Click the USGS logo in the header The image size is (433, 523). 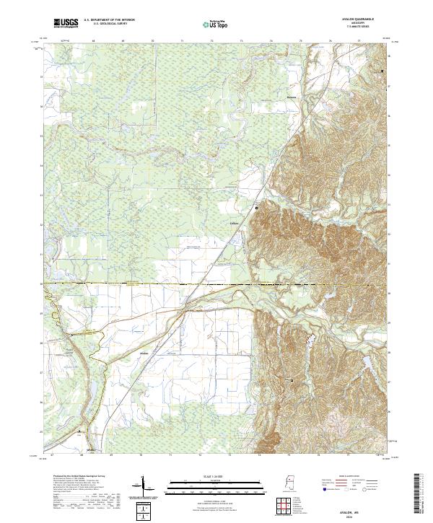pos(66,24)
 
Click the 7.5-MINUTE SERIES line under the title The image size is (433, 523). pos(366,28)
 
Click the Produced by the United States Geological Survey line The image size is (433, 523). pos(72,478)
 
